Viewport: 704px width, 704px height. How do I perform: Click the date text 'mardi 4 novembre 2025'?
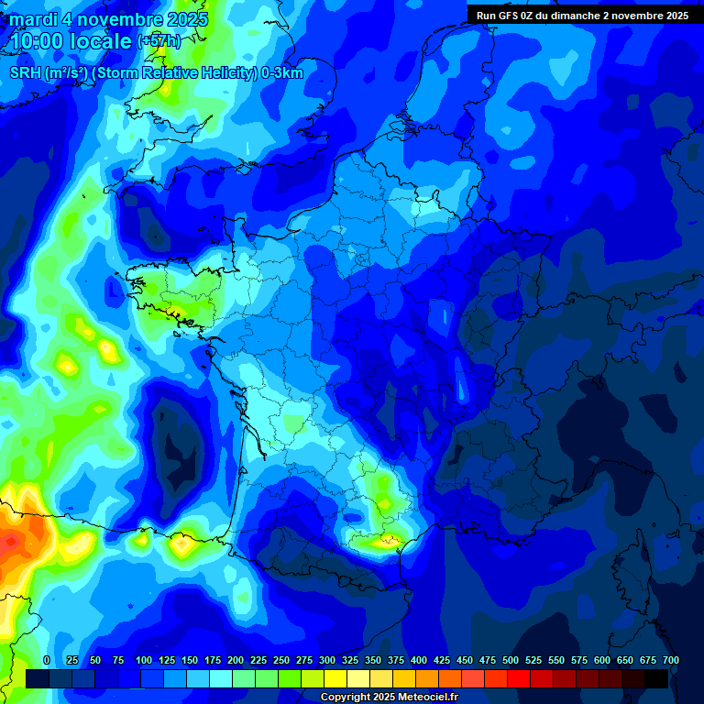click(109, 18)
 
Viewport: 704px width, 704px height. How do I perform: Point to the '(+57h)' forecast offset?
click(158, 41)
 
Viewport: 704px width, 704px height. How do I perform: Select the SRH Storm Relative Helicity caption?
click(156, 73)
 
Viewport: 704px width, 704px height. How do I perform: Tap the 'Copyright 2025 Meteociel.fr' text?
click(389, 697)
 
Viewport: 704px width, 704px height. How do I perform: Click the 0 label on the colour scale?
click(47, 660)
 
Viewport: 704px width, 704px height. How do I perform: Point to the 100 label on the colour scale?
click(143, 660)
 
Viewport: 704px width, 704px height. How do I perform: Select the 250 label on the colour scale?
click(281, 660)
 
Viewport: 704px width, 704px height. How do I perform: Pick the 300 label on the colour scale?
click(327, 660)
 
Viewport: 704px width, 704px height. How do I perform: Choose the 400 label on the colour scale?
click(419, 660)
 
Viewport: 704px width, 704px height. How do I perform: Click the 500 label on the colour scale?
click(511, 660)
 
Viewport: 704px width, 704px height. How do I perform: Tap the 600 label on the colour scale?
click(602, 660)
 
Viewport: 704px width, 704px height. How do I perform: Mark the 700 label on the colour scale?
click(671, 660)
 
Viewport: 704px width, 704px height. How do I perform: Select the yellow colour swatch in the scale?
click(335, 678)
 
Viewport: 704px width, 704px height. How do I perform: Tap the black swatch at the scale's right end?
click(656, 678)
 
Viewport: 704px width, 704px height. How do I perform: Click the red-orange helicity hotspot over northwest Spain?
click(13, 541)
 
